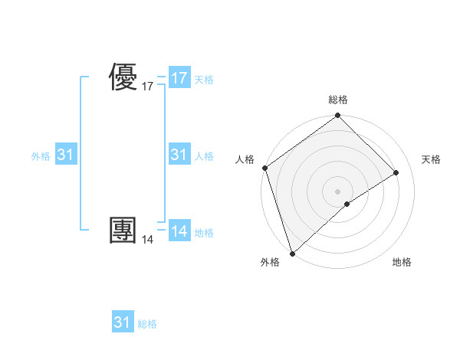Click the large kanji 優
click(x=123, y=78)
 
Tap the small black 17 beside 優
click(x=147, y=87)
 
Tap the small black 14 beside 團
click(x=147, y=240)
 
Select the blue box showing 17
click(x=179, y=78)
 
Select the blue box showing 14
click(x=179, y=232)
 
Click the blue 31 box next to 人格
click(x=179, y=155)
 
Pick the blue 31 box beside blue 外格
click(x=66, y=155)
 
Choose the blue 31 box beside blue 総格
click(x=122, y=322)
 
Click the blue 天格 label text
click(x=204, y=79)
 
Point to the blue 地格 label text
click(x=204, y=233)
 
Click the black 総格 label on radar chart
click(x=338, y=100)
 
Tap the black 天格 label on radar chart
click(x=431, y=159)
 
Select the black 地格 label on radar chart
click(x=402, y=262)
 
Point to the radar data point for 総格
click(x=338, y=116)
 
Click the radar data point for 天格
click(x=396, y=173)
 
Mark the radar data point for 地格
click(x=347, y=204)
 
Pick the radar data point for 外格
click(x=292, y=253)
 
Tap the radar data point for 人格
click(x=264, y=168)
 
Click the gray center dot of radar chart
click(x=338, y=191)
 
